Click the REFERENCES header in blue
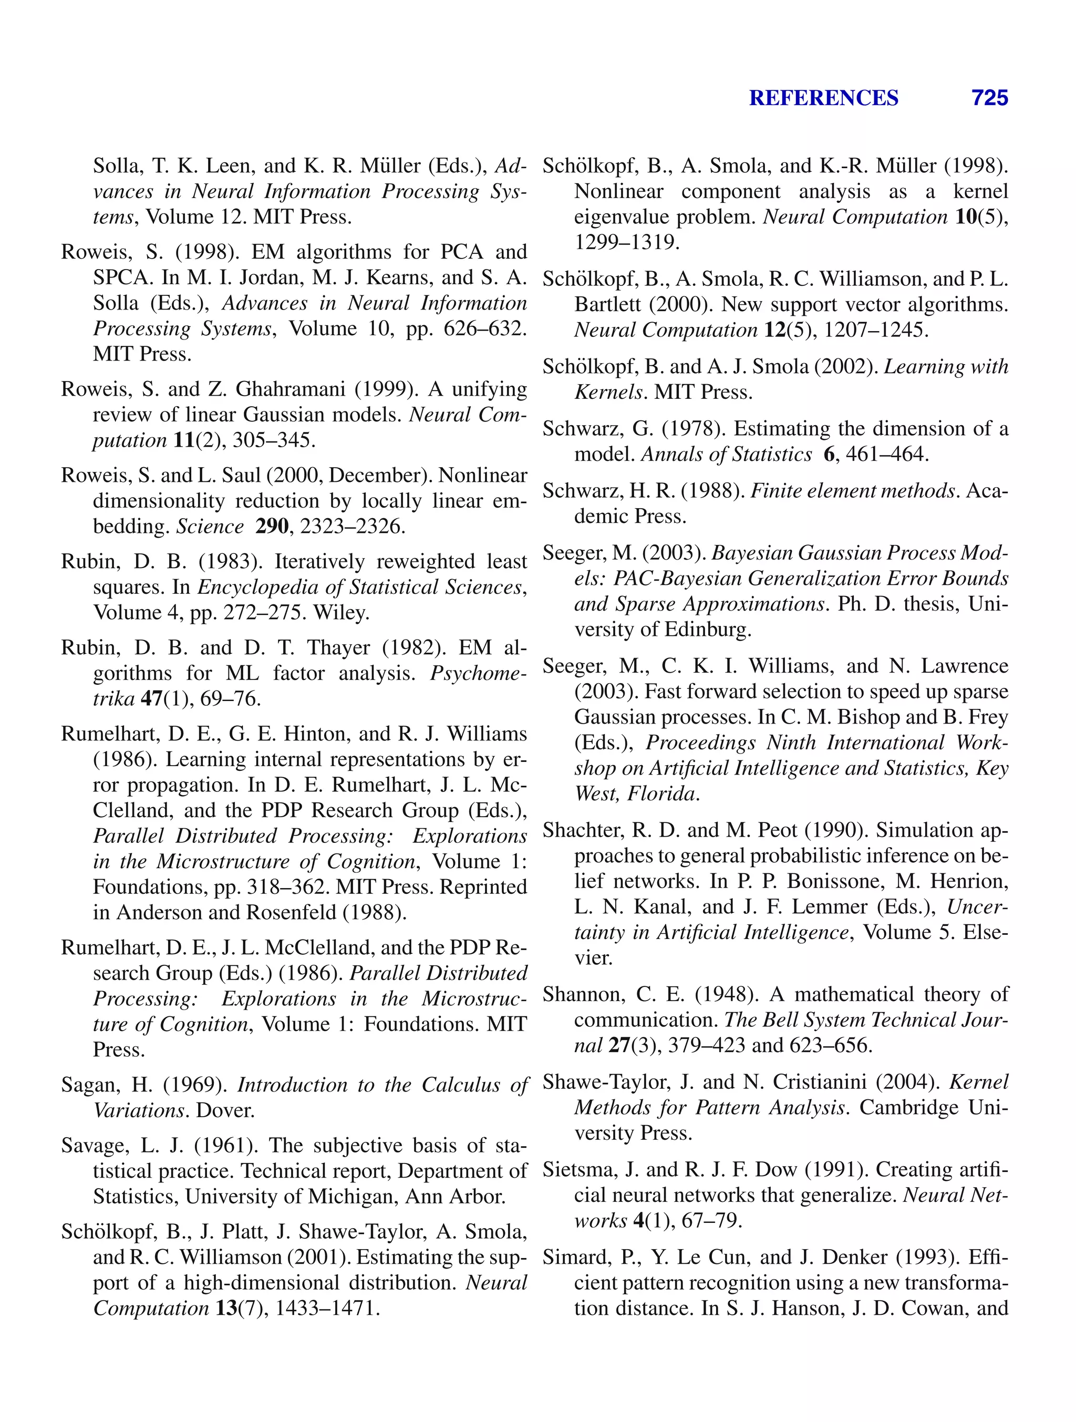pos(823,98)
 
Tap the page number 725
pos(989,98)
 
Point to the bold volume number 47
pos(152,699)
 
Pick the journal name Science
pos(210,527)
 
